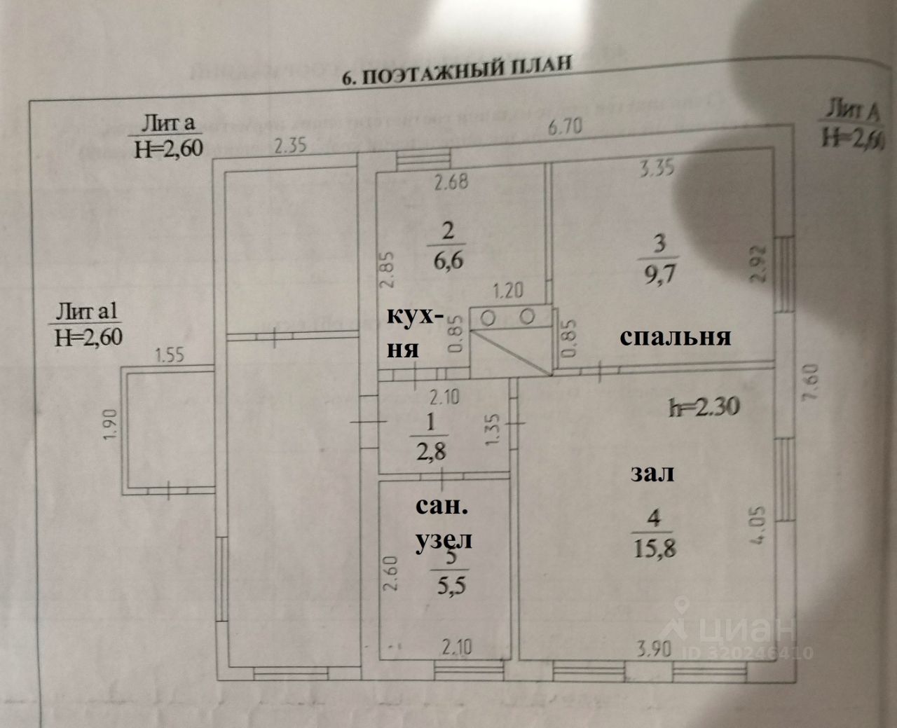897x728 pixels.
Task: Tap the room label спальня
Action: pyautogui.click(x=676, y=337)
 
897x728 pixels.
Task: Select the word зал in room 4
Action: pyautogui.click(x=652, y=473)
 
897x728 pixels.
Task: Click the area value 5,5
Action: pyautogui.click(x=450, y=585)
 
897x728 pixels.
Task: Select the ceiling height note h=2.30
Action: pyautogui.click(x=702, y=406)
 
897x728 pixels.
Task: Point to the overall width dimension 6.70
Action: pyautogui.click(x=565, y=128)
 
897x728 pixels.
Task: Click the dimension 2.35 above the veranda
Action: pyautogui.click(x=291, y=146)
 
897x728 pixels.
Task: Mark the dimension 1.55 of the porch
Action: pyautogui.click(x=169, y=355)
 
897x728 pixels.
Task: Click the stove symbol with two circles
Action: pyautogui.click(x=508, y=319)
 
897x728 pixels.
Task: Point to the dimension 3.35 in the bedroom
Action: pyautogui.click(x=658, y=169)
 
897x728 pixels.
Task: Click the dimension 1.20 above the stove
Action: pyautogui.click(x=508, y=290)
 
